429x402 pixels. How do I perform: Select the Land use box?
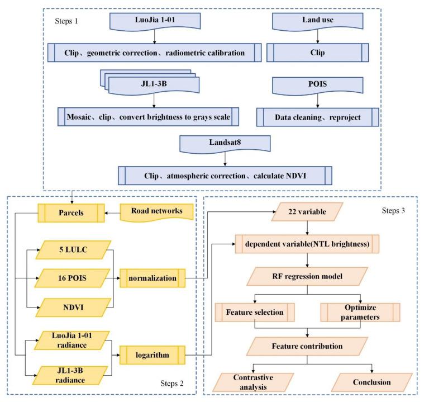click(x=318, y=23)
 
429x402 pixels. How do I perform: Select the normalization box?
click(x=155, y=276)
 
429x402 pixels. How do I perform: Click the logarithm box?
click(x=155, y=354)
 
